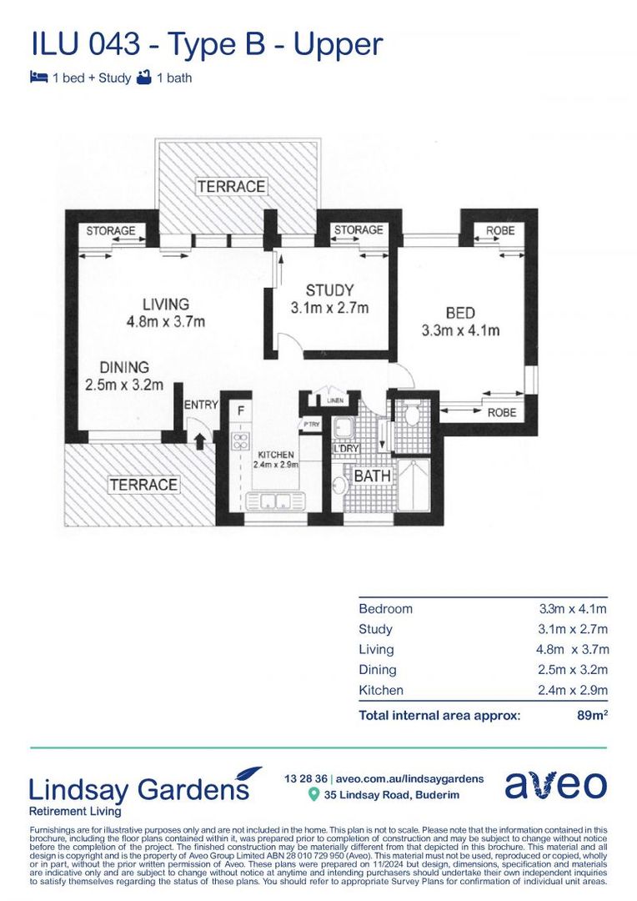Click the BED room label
click(x=460, y=314)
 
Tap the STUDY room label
click(x=329, y=290)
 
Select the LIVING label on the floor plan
click(x=165, y=304)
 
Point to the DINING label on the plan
click(x=124, y=367)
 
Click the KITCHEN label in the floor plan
click(x=275, y=455)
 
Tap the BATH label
click(x=372, y=476)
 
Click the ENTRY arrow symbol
click(x=198, y=440)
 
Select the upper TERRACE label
click(x=231, y=186)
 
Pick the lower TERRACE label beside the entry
click(x=143, y=484)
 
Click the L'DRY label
click(x=345, y=450)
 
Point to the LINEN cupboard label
click(x=335, y=400)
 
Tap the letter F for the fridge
click(x=241, y=410)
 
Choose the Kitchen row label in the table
click(x=381, y=690)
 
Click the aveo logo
click(x=555, y=785)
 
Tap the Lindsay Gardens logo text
click(x=140, y=788)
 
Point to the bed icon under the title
click(x=38, y=78)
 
